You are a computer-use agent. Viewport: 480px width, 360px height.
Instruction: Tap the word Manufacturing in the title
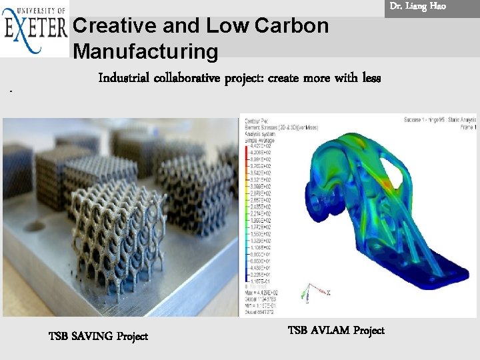coord(145,51)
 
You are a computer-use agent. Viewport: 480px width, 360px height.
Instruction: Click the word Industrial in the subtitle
coord(124,79)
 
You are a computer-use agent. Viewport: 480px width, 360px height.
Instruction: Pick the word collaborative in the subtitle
coord(190,79)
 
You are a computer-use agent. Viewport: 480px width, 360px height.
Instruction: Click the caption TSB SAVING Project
coord(98,336)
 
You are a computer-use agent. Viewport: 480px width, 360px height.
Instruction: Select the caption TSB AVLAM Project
coord(336,330)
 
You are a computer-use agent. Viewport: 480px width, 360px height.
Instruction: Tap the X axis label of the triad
coord(329,293)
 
